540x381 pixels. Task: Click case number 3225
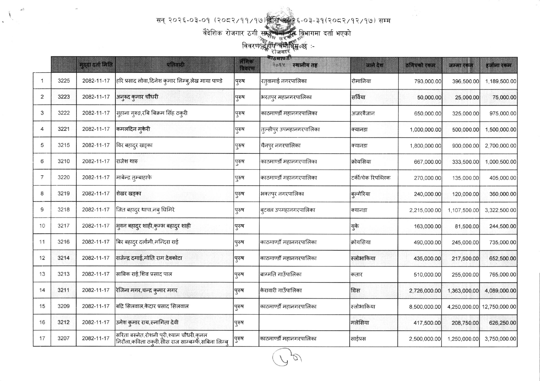(x=64, y=81)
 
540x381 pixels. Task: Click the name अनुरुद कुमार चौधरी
(x=137, y=97)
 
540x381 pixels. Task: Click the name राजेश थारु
(x=127, y=161)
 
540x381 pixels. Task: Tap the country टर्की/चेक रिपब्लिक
(x=371, y=178)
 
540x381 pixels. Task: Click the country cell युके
(x=355, y=226)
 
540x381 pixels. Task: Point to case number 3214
(x=64, y=258)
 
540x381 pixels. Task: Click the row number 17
(x=42, y=339)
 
